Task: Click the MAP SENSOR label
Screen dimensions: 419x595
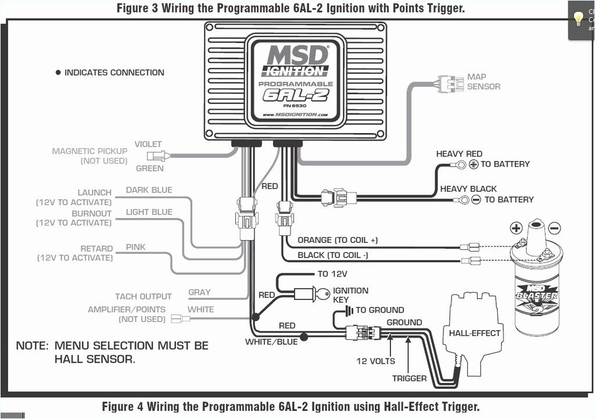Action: [483, 81]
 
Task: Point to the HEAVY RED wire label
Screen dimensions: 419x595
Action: [459, 154]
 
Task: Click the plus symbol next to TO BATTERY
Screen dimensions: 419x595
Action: [473, 164]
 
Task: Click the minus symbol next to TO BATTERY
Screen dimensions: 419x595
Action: [476, 200]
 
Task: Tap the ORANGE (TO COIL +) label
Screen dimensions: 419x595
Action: [338, 240]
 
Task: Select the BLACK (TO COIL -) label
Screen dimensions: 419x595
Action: [332, 255]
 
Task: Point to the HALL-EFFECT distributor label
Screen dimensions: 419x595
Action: [475, 333]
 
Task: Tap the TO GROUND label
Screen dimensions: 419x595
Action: [379, 310]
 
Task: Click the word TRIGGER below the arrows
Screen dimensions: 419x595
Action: [409, 378]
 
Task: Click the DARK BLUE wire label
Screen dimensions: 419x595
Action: [149, 190]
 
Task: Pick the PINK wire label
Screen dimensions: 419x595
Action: [136, 247]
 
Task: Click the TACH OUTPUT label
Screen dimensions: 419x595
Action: [144, 296]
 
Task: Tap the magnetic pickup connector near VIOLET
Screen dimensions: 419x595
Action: [158, 156]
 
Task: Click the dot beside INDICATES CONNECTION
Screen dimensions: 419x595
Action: [58, 73]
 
